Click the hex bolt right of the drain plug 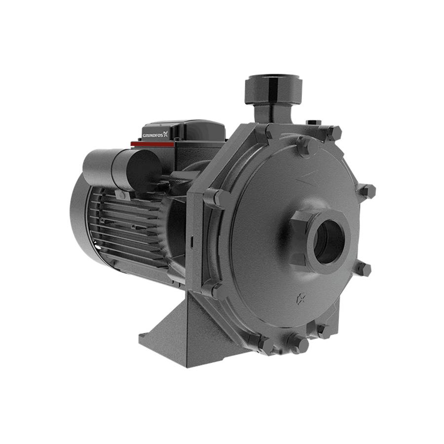[323, 330]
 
